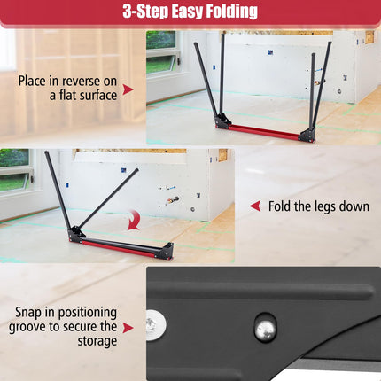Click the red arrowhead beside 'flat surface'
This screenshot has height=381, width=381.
point(128,89)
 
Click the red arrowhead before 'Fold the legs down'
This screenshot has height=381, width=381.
point(254,206)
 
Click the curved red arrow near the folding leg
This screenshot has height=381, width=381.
point(133,219)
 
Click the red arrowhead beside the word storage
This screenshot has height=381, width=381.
point(128,327)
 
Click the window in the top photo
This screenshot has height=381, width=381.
point(160,52)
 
